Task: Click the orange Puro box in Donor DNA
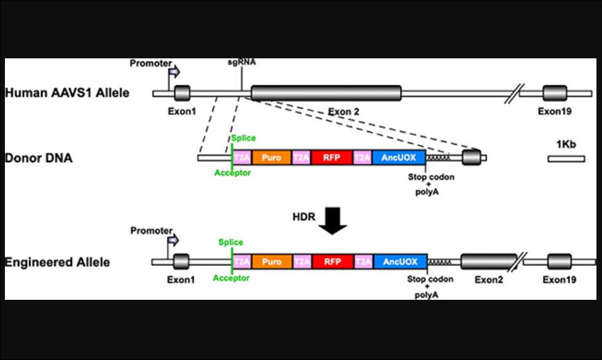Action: [272, 158]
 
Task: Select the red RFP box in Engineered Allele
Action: [332, 262]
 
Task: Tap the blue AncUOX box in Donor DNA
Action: [399, 158]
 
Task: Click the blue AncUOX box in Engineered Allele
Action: [400, 262]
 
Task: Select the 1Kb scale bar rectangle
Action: [566, 158]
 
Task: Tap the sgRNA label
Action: [241, 62]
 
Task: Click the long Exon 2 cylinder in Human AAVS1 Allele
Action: [326, 93]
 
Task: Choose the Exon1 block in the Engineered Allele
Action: [182, 262]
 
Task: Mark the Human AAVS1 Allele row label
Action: [68, 93]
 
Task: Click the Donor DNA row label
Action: [39, 158]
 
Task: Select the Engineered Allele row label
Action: [58, 262]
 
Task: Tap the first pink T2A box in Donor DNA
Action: [241, 158]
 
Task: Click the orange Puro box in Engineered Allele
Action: [272, 262]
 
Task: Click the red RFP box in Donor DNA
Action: [332, 158]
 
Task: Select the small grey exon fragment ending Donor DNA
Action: [471, 157]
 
